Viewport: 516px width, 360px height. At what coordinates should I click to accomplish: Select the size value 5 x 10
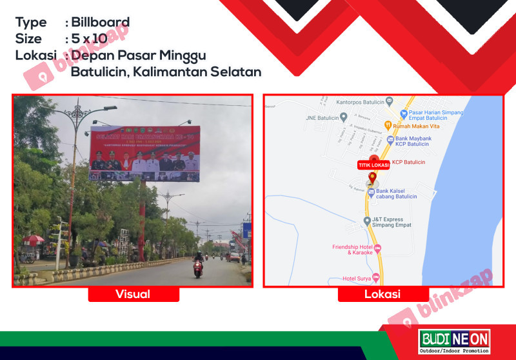90,39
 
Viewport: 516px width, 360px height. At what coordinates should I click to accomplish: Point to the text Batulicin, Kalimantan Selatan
166,72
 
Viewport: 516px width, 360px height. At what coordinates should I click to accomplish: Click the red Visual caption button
133,294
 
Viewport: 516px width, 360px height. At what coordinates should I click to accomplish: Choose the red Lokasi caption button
383,294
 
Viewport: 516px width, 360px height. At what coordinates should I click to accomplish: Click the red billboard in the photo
144,154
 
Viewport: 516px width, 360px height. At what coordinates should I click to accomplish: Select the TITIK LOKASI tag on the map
372,165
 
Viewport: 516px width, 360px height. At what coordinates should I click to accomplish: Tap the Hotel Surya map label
359,279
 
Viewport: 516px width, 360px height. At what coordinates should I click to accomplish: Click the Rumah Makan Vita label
414,125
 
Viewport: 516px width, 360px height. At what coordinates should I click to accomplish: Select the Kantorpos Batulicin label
360,102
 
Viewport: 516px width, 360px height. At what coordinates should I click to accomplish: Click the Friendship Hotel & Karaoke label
352,249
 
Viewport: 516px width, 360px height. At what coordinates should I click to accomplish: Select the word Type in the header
31,23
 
